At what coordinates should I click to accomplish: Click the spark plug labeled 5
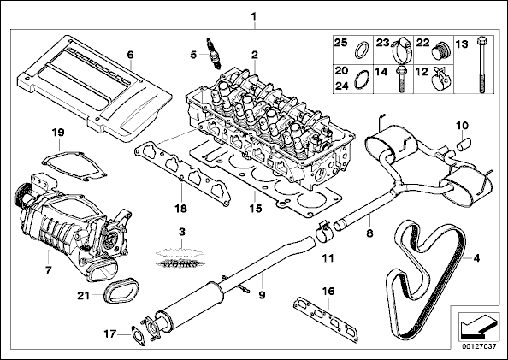coord(213,54)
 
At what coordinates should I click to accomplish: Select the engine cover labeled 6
coord(94,87)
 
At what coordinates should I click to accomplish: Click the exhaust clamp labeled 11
coord(323,233)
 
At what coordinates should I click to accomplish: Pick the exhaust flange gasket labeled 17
coord(138,336)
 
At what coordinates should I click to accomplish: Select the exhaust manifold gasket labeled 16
coord(326,320)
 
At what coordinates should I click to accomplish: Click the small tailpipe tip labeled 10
coord(464,144)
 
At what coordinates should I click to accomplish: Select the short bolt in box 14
coord(400,79)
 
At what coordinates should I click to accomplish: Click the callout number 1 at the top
coord(254,16)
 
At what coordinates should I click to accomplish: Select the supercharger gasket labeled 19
coord(74,165)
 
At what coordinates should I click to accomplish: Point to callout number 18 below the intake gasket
coord(180,208)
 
